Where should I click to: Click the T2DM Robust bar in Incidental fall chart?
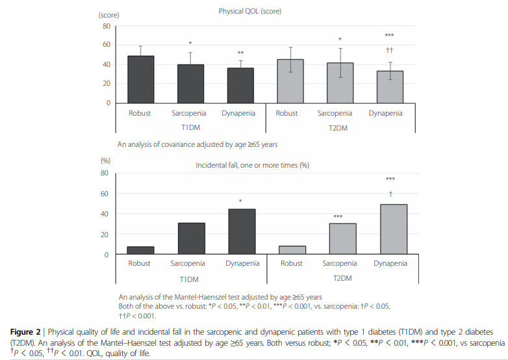point(292,250)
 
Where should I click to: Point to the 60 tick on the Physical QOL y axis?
point(106,45)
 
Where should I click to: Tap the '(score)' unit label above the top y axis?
point(108,14)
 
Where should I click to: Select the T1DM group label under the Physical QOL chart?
point(190,128)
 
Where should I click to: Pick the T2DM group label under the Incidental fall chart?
point(342,279)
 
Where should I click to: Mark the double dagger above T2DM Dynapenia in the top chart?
point(390,49)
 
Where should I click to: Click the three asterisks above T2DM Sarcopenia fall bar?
point(338,217)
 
